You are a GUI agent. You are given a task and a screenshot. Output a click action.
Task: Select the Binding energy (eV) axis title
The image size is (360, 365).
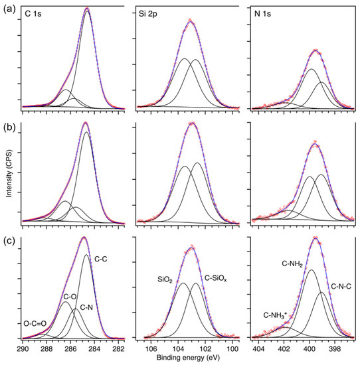(186, 358)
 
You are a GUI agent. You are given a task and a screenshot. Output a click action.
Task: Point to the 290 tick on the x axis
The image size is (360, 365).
(23, 348)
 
